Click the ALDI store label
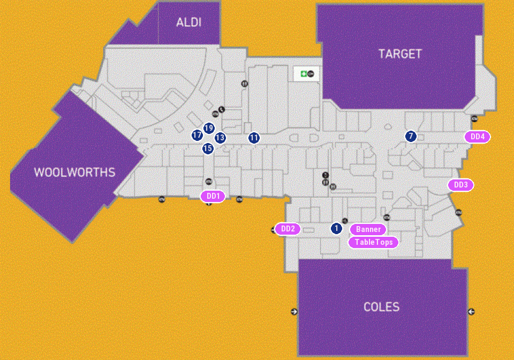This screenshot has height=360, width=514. click(x=188, y=22)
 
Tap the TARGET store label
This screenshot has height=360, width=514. click(x=400, y=54)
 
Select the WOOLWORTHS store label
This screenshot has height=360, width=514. click(x=74, y=172)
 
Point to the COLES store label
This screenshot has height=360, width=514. click(x=381, y=307)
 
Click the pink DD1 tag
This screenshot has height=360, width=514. click(x=213, y=197)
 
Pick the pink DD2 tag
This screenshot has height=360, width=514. click(x=288, y=229)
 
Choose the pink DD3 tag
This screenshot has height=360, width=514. click(x=460, y=185)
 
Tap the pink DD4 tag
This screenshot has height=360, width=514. click(x=477, y=137)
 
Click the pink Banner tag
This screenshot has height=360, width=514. click(x=368, y=229)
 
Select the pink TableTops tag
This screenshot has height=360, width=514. click(x=374, y=242)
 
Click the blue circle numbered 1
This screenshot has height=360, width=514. click(x=336, y=228)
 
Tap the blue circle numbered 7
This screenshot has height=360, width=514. click(x=411, y=136)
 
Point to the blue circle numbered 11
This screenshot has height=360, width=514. click(x=254, y=138)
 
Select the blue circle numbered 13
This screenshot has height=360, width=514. click(x=220, y=138)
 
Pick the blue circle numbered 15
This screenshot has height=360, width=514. click(x=208, y=148)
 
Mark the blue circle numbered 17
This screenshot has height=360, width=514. click(x=197, y=135)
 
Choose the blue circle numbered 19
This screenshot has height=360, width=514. click(x=209, y=128)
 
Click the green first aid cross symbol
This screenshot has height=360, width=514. click(x=304, y=73)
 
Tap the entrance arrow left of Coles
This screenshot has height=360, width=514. click(x=294, y=311)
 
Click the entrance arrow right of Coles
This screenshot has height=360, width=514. click(x=471, y=311)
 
